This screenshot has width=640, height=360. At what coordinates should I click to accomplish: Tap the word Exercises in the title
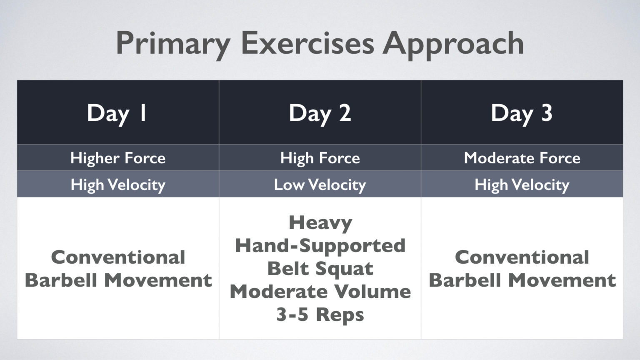[307, 43]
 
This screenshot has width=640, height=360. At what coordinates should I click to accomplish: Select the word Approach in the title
[453, 44]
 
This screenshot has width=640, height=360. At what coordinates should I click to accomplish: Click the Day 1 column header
[117, 112]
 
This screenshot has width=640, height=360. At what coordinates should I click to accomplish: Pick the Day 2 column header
[320, 112]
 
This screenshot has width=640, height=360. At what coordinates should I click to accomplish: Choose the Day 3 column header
[522, 112]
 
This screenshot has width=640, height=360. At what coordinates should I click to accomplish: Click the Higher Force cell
[118, 158]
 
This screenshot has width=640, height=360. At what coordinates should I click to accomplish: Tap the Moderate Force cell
[522, 158]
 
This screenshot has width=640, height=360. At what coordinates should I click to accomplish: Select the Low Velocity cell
[320, 185]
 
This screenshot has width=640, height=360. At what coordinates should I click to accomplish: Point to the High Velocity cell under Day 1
[118, 185]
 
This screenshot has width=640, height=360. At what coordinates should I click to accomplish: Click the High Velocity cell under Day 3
[522, 185]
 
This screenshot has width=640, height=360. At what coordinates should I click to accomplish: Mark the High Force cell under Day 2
[320, 158]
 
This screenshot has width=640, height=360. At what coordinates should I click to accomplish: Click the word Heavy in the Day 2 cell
[320, 223]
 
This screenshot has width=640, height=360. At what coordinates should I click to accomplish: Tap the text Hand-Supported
[320, 245]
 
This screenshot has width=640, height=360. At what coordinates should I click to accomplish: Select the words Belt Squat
[320, 269]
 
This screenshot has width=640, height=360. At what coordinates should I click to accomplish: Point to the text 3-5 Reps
[320, 314]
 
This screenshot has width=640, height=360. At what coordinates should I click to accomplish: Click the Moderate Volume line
[320, 291]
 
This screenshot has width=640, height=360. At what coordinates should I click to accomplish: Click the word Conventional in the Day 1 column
[118, 257]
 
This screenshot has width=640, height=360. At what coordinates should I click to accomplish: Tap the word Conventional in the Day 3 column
[522, 257]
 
